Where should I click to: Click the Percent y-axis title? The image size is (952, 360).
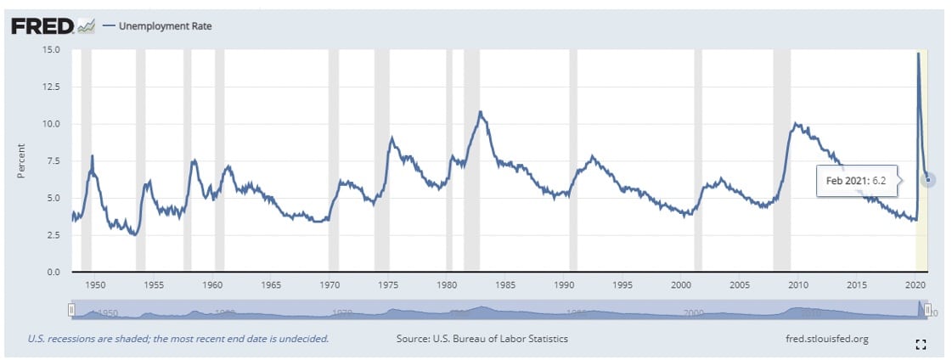click(23, 160)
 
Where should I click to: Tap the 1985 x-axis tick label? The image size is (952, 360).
click(505, 284)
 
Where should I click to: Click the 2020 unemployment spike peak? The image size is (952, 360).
click(918, 53)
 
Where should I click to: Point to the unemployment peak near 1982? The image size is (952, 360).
click(481, 111)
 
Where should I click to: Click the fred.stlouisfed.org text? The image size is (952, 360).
click(828, 339)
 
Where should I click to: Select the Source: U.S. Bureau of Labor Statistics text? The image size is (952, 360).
click(482, 339)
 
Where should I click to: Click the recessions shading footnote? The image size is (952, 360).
click(178, 339)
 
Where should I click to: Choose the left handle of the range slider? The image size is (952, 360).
click(72, 309)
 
